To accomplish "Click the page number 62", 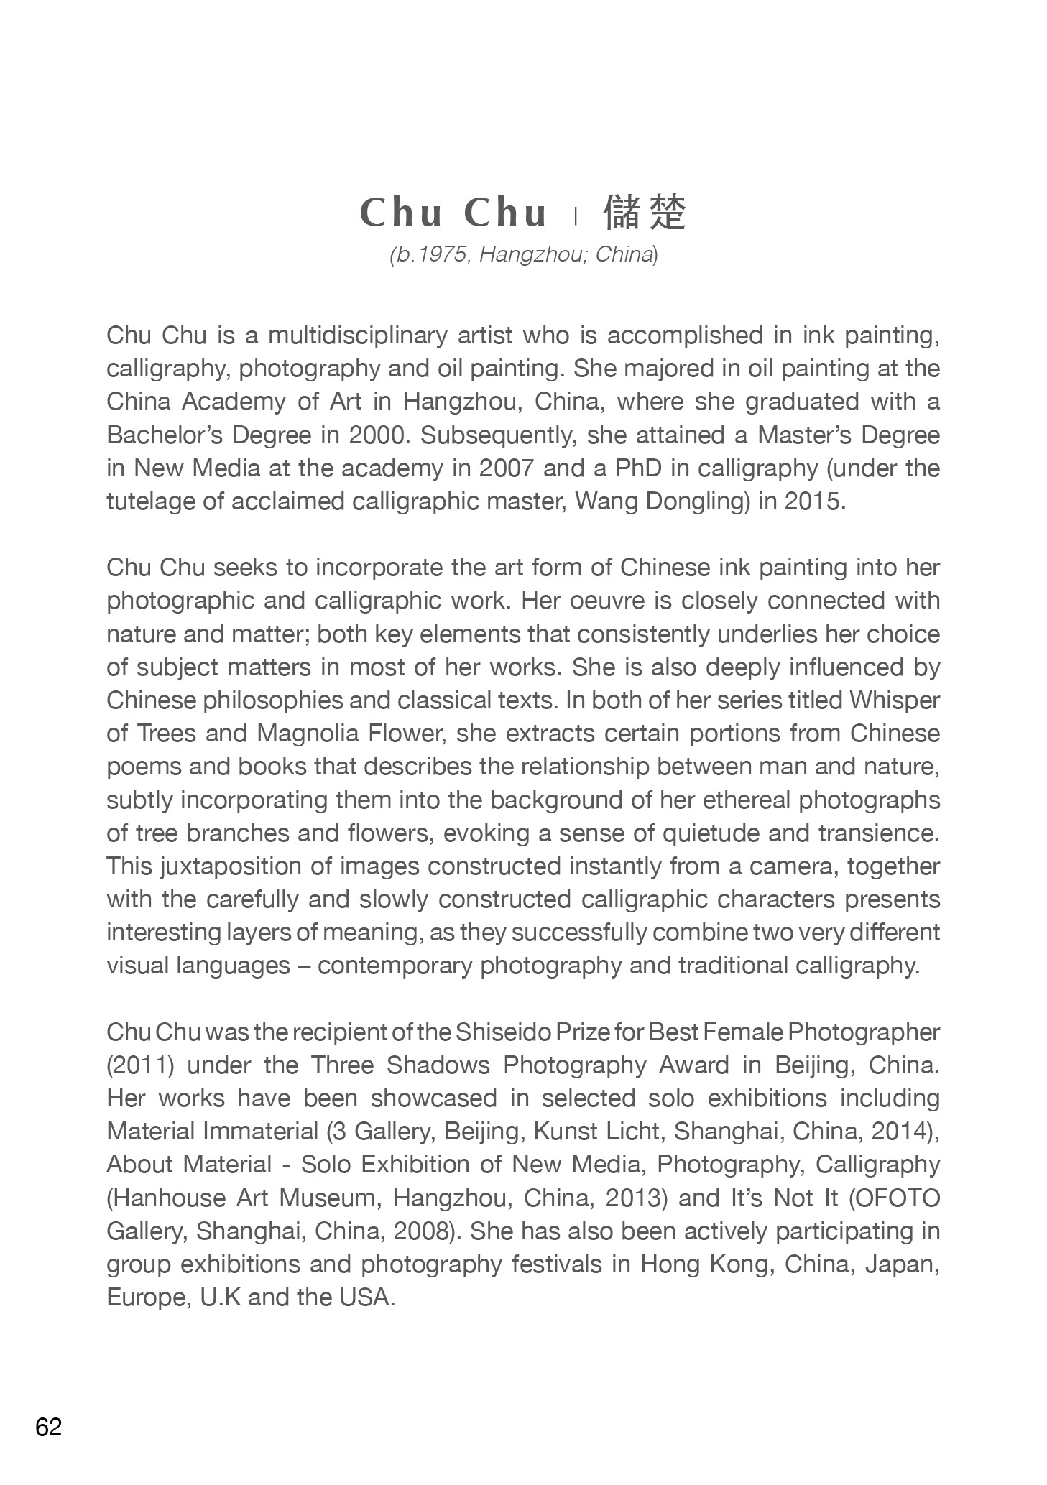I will pyautogui.click(x=49, y=1427).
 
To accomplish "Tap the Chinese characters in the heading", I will pyautogui.click(x=645, y=212).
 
